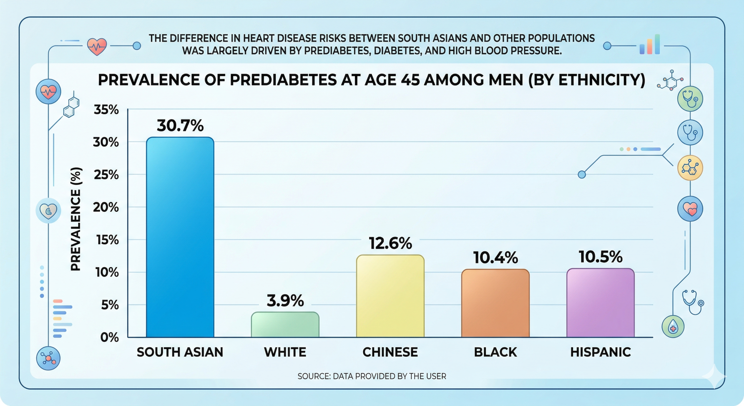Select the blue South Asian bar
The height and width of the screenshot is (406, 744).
[180, 237]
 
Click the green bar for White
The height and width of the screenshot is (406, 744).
[285, 325]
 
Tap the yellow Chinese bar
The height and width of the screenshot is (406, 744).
[390, 296]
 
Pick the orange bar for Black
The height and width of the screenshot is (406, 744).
[495, 303]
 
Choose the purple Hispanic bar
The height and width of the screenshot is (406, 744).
[600, 303]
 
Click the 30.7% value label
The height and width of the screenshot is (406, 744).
[180, 126]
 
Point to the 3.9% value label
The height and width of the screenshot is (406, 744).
[285, 301]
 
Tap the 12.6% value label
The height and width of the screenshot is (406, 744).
[390, 243]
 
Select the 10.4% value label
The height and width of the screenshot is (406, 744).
[495, 258]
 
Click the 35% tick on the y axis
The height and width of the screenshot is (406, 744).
[106, 110]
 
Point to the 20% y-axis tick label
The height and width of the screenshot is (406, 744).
[106, 207]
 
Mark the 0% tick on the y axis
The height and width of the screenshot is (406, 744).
[109, 337]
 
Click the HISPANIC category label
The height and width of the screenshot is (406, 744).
[600, 352]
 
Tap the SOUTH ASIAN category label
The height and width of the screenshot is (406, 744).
[180, 352]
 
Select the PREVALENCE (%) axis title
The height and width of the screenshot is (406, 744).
[76, 219]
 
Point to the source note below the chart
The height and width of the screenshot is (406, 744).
[372, 376]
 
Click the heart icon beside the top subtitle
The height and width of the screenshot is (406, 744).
[97, 47]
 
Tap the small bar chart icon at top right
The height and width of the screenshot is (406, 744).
[650, 45]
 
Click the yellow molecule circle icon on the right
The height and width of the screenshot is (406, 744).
[690, 168]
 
